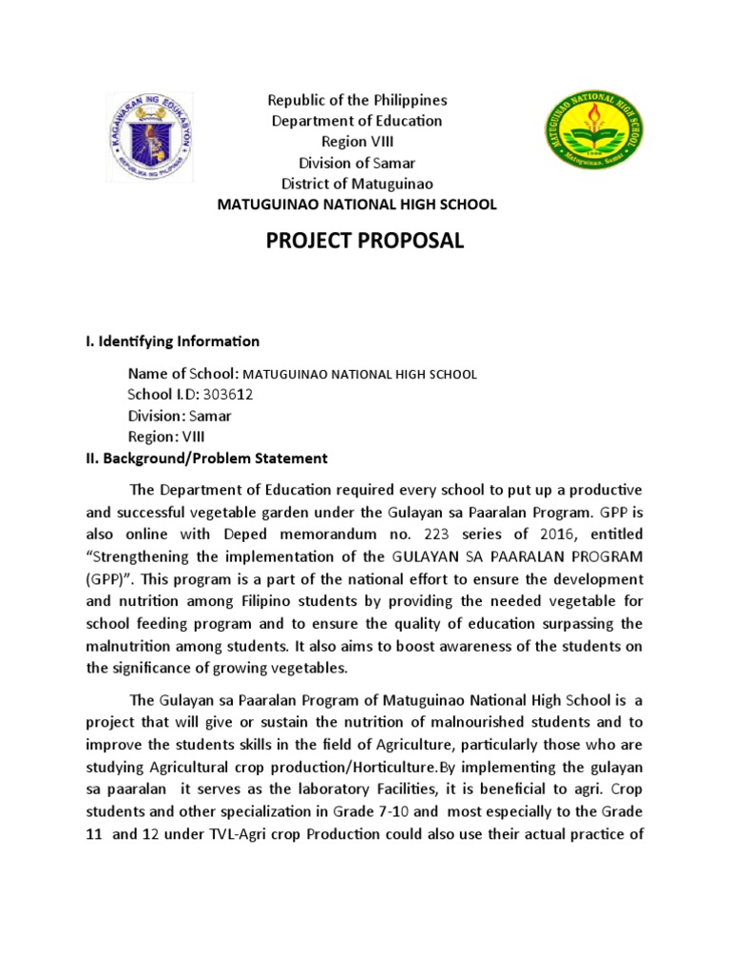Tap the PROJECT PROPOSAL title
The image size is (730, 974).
tap(365, 242)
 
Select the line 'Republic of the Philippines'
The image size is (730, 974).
tap(356, 100)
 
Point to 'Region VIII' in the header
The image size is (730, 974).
tap(356, 142)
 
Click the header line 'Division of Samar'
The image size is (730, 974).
tap(356, 163)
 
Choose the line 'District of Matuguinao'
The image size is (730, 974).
tap(356, 184)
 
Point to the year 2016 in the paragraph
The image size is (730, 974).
tap(559, 536)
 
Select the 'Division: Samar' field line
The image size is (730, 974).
tap(179, 416)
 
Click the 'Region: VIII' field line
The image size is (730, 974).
tap(165, 437)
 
